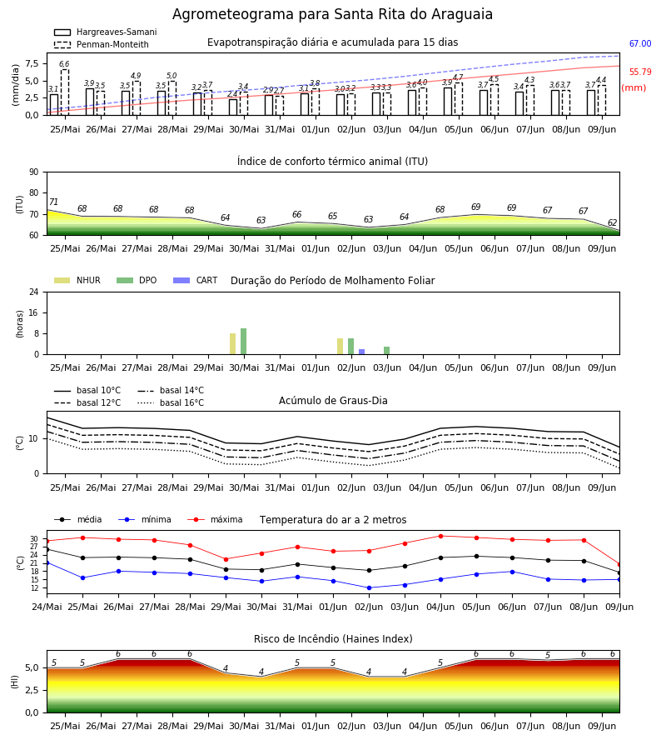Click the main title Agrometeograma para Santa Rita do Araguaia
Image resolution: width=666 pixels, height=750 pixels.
point(332,14)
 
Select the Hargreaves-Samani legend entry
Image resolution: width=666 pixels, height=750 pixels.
point(106,32)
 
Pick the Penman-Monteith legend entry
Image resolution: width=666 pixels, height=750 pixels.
point(102,44)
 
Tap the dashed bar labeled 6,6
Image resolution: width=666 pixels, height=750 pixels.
point(65,92)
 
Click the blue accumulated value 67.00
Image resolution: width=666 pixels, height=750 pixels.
point(640,43)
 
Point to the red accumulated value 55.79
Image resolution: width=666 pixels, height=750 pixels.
point(640,72)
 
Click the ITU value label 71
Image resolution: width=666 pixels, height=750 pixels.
point(53,202)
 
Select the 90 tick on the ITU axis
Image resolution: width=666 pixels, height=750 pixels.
point(34,172)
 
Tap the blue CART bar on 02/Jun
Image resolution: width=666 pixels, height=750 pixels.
point(361,352)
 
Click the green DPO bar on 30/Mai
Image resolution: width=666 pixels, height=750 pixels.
point(244,342)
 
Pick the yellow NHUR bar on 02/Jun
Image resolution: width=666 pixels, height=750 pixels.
point(340,347)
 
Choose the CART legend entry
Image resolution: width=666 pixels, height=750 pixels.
point(196,280)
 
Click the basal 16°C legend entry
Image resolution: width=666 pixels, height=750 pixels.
point(171,402)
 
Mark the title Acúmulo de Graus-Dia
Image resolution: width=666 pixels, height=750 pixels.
point(333,401)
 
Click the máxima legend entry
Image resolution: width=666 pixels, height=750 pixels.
point(215,519)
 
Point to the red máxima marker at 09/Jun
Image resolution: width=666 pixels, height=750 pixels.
point(619,564)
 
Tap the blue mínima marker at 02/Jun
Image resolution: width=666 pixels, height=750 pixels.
point(369,587)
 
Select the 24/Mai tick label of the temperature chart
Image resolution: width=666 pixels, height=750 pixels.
point(47,607)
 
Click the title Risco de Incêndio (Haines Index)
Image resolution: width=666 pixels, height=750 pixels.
point(333,639)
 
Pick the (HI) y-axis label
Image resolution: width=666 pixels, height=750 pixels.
point(15,682)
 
